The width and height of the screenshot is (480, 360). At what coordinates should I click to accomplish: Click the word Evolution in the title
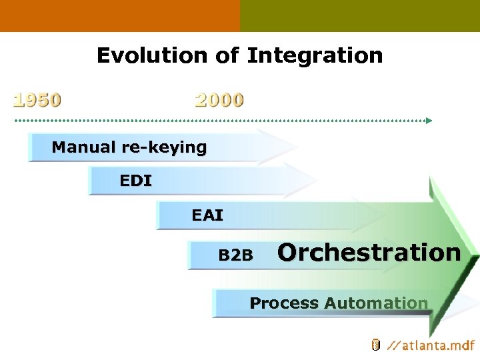(153, 55)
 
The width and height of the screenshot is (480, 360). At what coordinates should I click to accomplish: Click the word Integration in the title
(315, 56)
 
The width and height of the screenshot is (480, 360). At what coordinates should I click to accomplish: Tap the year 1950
(38, 100)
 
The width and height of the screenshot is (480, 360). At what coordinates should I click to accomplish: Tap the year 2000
(219, 100)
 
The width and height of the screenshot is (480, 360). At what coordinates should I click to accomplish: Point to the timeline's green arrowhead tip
(429, 121)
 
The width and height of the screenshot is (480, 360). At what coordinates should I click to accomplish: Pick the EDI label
(136, 180)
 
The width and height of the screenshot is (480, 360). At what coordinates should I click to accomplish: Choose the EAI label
(207, 215)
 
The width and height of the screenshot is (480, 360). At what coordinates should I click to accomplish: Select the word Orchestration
(369, 253)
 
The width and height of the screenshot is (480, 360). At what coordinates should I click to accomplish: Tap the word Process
(284, 303)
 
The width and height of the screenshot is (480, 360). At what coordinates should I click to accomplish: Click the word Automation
(376, 303)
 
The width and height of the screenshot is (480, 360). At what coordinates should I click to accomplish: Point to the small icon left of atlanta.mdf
(375, 345)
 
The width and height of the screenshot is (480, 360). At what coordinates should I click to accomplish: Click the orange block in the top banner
(120, 15)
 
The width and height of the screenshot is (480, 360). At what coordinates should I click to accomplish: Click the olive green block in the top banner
(360, 15)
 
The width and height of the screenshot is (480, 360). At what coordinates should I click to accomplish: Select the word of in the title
(227, 55)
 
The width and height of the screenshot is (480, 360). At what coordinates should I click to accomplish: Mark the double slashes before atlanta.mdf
(394, 345)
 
